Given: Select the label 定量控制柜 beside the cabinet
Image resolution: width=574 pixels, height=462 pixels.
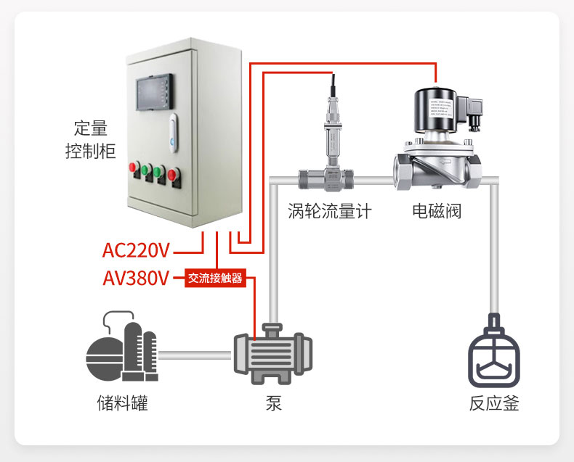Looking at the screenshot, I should (x=90, y=141).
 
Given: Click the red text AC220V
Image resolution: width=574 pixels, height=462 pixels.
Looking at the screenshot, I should (x=136, y=251).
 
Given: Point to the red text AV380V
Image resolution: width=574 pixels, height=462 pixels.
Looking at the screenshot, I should (x=136, y=278).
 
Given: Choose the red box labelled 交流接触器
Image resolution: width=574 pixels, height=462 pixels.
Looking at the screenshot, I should (x=215, y=278).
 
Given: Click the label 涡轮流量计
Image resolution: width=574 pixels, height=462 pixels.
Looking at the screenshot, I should (x=329, y=212).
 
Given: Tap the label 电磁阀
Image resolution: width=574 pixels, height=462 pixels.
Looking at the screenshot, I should (x=437, y=212).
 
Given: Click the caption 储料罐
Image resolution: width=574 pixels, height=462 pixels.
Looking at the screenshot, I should (x=122, y=403).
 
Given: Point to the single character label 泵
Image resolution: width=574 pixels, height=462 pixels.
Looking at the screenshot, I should (x=273, y=403).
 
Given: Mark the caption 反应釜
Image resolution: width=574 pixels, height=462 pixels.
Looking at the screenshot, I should (x=494, y=403).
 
